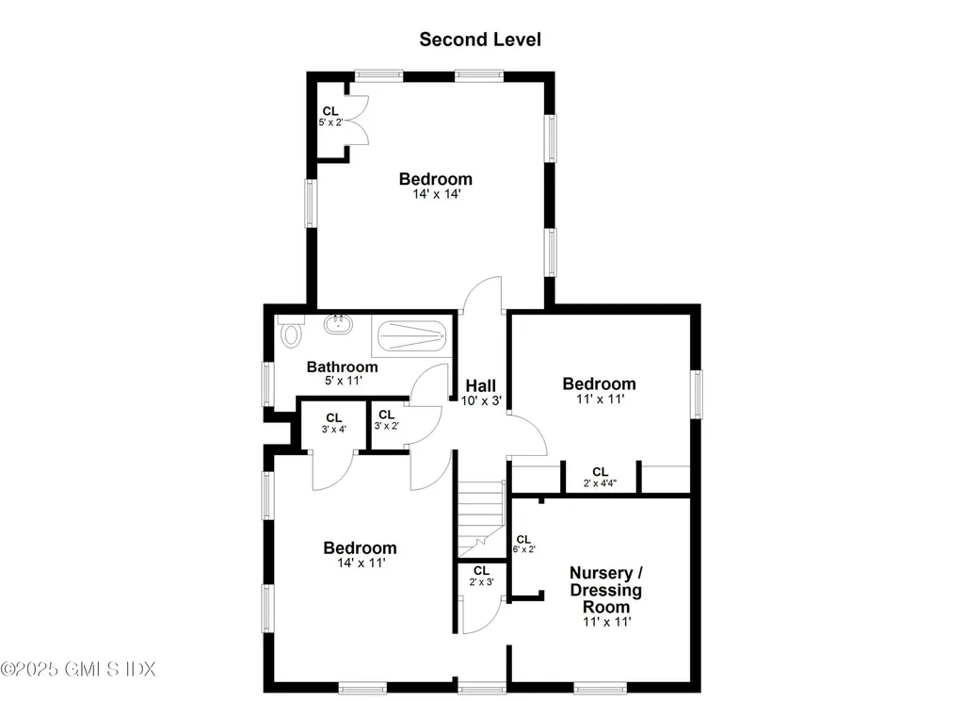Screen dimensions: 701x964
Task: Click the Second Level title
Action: coord(480,40)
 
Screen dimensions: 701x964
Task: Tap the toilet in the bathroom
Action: coord(291,332)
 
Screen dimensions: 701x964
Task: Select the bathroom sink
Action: coord(338,326)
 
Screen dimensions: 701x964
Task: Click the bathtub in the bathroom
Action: coord(410,335)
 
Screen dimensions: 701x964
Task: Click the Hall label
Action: coord(480,385)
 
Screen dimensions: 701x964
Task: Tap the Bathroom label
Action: coord(342,367)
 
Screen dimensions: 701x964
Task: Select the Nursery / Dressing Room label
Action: coord(606,590)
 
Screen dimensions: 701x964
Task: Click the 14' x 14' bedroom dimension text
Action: coord(435,194)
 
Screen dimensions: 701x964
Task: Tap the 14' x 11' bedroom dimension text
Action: coord(360,562)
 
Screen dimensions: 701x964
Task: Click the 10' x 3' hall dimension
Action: coord(481,400)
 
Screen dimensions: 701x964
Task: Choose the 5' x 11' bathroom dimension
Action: coord(342,381)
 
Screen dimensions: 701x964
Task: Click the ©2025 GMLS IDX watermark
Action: coord(78,669)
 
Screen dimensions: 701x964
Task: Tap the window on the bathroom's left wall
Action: coord(267,383)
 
